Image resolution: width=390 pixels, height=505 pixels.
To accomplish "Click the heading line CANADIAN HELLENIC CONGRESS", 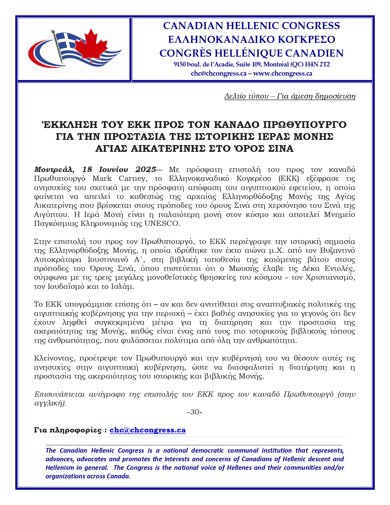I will point(251,26).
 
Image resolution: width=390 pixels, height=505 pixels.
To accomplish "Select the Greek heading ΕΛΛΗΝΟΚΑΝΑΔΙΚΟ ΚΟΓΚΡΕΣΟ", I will point(251,39).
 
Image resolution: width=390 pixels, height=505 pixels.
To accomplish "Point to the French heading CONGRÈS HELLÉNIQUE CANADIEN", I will point(251,53).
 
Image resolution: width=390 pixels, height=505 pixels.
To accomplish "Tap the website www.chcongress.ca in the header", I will point(283,73).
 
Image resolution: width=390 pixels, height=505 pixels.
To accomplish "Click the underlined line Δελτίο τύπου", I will point(290,96).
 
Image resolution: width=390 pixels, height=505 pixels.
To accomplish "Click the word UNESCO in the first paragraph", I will point(162,223).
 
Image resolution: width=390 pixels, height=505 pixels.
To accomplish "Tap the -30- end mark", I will point(195,412).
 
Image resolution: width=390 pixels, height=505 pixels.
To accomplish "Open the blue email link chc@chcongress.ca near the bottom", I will point(147,430).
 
